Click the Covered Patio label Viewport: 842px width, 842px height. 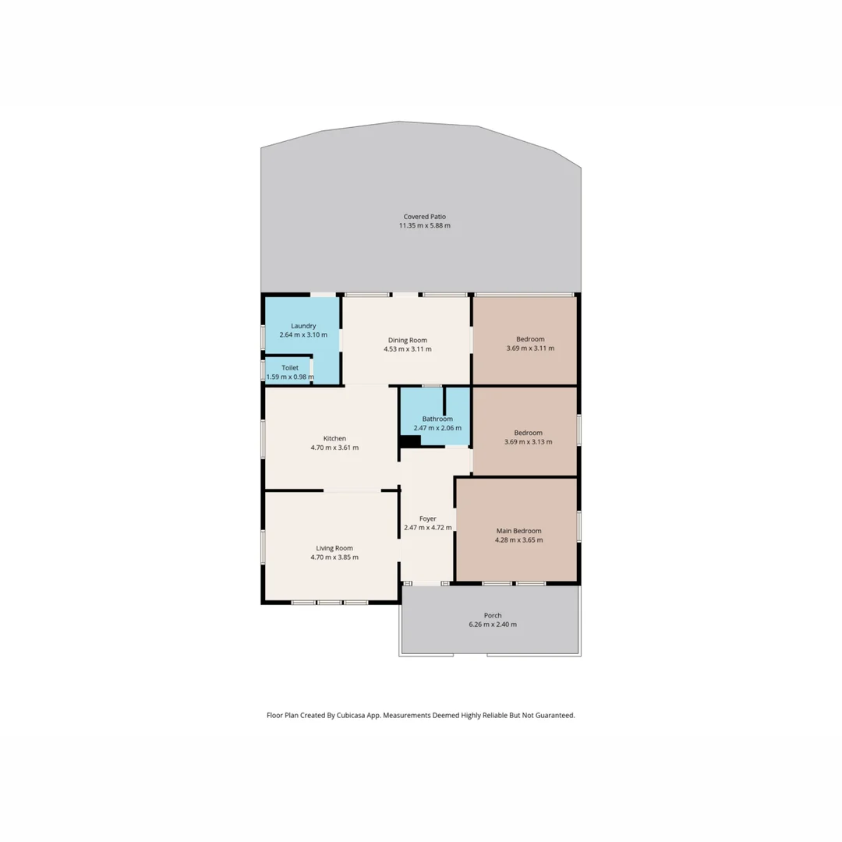pyautogui.click(x=424, y=217)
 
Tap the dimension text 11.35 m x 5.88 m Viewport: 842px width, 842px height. pyautogui.click(x=424, y=226)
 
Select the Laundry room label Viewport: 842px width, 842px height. pyautogui.click(x=302, y=326)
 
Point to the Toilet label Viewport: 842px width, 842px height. pyautogui.click(x=290, y=367)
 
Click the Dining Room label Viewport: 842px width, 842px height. pyautogui.click(x=407, y=340)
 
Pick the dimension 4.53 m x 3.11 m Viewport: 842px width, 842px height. pyautogui.click(x=407, y=349)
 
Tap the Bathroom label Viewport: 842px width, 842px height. pyautogui.click(x=437, y=419)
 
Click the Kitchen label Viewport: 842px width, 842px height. pyautogui.click(x=334, y=438)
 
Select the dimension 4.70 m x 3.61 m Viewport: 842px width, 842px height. pyautogui.click(x=334, y=448)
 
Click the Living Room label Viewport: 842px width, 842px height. pyautogui.click(x=334, y=548)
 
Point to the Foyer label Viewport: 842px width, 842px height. pyautogui.click(x=427, y=518)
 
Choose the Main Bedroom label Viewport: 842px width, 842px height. pyautogui.click(x=518, y=531)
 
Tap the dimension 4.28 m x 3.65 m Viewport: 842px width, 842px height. pyautogui.click(x=518, y=540)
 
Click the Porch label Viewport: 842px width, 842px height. pyautogui.click(x=492, y=615)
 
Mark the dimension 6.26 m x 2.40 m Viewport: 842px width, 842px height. pyautogui.click(x=492, y=624)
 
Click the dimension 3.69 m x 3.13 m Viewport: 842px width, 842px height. pyautogui.click(x=528, y=442)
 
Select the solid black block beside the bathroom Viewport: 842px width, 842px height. pyautogui.click(x=410, y=440)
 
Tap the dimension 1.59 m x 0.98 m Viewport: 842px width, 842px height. pyautogui.click(x=289, y=377)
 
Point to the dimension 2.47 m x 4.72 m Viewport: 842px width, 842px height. pyautogui.click(x=427, y=528)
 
